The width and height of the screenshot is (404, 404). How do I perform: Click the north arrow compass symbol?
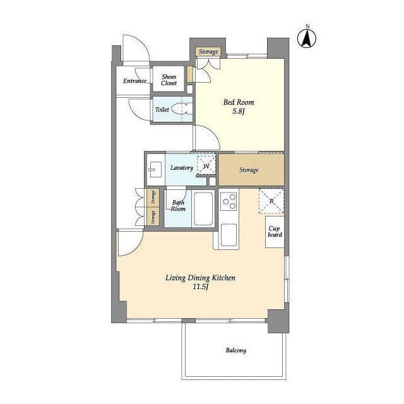(307, 39)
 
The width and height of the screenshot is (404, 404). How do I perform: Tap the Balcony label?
(235, 350)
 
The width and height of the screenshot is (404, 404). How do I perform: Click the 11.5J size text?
(201, 287)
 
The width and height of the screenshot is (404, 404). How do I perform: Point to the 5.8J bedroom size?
(239, 111)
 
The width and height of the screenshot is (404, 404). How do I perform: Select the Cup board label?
(275, 232)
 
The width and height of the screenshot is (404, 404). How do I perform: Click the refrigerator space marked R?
(271, 201)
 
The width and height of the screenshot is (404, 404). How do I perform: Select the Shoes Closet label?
(169, 80)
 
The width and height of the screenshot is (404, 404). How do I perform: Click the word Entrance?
(134, 81)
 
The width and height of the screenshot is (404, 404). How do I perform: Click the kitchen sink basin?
(229, 235)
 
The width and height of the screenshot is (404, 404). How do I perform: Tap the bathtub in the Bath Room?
(203, 208)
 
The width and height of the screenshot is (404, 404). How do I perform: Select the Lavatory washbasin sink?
(155, 169)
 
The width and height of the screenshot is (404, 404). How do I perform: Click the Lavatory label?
(182, 168)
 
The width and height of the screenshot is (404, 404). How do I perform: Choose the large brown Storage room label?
(249, 170)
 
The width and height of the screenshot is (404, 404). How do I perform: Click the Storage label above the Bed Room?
(208, 52)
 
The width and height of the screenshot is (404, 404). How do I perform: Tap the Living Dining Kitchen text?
(200, 278)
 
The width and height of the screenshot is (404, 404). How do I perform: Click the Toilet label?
(162, 109)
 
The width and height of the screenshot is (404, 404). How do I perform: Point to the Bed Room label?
(239, 102)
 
